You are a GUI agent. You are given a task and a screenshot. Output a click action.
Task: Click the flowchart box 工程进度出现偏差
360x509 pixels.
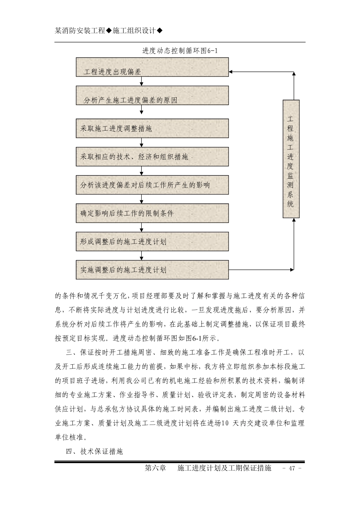(x=152, y=67)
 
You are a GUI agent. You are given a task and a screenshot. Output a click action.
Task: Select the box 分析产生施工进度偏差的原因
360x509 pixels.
(x=152, y=95)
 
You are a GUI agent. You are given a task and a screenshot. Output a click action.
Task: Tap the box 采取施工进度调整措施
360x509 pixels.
(x=152, y=128)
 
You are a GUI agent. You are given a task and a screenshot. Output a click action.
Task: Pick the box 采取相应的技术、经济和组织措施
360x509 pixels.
(x=152, y=157)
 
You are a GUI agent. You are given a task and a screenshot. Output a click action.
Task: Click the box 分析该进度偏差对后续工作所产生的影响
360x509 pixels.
(x=152, y=185)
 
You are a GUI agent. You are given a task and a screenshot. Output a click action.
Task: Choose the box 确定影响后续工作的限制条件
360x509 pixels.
(x=152, y=213)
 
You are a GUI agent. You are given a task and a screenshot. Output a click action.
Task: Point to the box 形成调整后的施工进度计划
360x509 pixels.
(x=152, y=242)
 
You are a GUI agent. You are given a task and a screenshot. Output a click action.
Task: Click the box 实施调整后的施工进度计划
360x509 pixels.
(x=152, y=270)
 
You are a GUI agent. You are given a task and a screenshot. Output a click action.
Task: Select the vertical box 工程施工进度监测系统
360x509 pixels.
(x=291, y=159)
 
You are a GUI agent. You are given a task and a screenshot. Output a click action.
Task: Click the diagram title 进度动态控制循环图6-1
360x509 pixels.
(x=180, y=51)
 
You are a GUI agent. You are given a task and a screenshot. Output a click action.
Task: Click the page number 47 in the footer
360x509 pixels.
(x=292, y=468)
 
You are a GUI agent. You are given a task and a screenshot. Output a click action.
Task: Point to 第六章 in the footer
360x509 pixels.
(x=156, y=468)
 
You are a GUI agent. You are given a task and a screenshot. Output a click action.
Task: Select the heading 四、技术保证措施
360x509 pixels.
(x=94, y=451)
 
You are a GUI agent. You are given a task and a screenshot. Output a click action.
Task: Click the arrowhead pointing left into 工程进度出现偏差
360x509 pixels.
(x=232, y=72)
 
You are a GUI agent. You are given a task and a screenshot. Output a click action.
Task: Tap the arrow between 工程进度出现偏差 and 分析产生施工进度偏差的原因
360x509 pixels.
(x=141, y=81)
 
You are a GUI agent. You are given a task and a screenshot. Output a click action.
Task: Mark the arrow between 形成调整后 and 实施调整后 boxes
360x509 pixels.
(x=141, y=256)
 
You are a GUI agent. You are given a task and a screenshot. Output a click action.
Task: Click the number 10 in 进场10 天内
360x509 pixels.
(x=225, y=423)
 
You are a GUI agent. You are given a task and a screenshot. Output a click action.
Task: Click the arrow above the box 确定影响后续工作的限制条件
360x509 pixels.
(x=141, y=199)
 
